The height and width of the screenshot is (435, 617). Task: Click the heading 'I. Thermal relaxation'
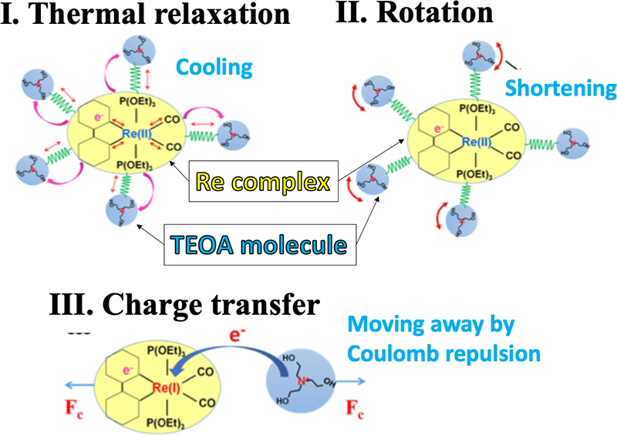click(x=146, y=16)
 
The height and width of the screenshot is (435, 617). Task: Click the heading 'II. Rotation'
click(x=409, y=15)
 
